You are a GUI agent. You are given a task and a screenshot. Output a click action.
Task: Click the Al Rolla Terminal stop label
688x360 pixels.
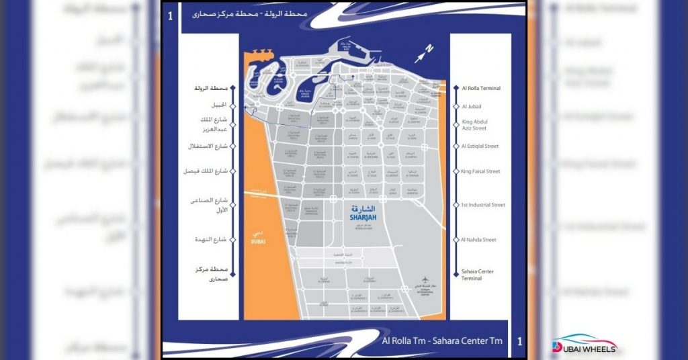pyautogui.click(x=481, y=88)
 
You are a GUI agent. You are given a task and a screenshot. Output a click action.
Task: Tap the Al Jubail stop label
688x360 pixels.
pyautogui.click(x=472, y=106)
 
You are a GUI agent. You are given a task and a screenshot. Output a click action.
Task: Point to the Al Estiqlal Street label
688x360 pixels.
pyautogui.click(x=480, y=146)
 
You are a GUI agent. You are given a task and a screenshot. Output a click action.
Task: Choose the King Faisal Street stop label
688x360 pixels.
pyautogui.click(x=481, y=171)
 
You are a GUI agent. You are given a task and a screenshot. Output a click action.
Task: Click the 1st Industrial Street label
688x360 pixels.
pyautogui.click(x=484, y=205)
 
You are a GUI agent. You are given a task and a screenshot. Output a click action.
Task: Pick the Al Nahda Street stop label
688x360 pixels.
pyautogui.click(x=479, y=239)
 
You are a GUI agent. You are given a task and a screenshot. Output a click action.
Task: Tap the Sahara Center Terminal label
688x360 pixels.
pyautogui.click(x=478, y=275)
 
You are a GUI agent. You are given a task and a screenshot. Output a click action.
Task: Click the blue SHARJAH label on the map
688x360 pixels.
pyautogui.click(x=365, y=217)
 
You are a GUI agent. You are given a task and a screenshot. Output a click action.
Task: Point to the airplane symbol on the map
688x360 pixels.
pyautogui.click(x=425, y=280)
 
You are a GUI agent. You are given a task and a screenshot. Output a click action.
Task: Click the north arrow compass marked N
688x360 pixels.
pyautogui.click(x=425, y=51)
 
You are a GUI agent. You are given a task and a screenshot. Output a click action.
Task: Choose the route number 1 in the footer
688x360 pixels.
pyautogui.click(x=519, y=341)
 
